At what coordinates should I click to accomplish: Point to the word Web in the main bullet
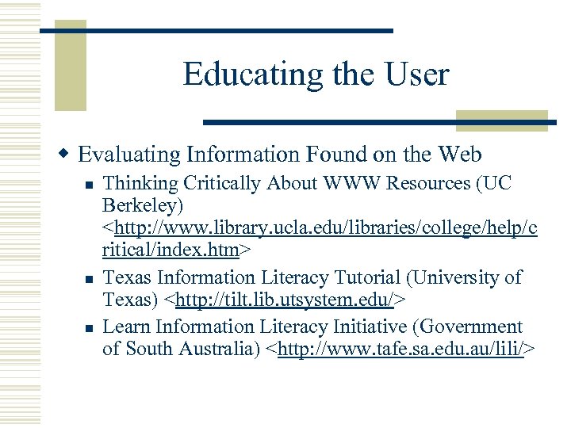coord(459,153)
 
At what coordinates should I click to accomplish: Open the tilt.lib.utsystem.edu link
coord(289,300)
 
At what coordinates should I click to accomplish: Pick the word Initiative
coord(377,326)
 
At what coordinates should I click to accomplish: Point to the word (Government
coord(475,326)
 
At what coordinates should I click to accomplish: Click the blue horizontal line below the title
coord(380,122)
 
